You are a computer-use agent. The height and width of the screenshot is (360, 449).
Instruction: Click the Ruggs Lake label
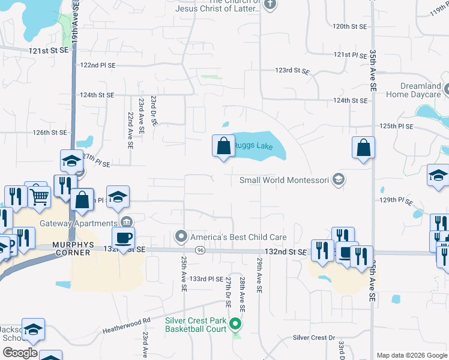point(252,145)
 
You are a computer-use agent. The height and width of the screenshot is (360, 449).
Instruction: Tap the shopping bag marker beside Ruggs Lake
point(223,146)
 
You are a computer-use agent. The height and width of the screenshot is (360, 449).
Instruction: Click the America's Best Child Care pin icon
point(181,237)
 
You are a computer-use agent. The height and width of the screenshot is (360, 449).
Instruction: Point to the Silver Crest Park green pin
point(236,325)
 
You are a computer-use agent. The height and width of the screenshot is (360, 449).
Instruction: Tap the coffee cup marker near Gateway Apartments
point(123,238)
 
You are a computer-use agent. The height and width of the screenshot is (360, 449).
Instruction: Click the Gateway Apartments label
point(78,223)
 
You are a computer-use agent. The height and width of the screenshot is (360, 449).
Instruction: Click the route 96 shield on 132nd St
point(199,250)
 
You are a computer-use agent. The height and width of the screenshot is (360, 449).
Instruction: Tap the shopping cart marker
point(38,195)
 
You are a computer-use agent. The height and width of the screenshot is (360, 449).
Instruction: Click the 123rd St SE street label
point(292,70)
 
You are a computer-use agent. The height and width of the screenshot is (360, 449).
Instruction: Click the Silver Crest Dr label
point(313,338)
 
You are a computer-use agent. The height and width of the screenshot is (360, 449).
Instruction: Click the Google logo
point(19,352)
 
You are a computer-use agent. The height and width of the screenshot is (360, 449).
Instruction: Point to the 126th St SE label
point(50,132)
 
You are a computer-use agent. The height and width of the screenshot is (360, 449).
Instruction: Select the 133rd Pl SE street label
point(206,279)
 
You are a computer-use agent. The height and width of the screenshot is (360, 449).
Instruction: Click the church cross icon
point(270,5)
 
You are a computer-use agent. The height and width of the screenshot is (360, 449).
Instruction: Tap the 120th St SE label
point(350,26)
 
